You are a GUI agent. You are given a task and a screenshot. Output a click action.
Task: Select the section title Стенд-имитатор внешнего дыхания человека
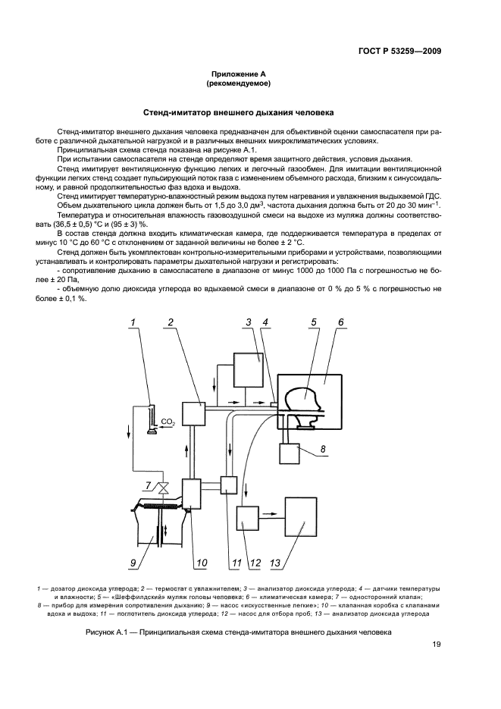[250, 113]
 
